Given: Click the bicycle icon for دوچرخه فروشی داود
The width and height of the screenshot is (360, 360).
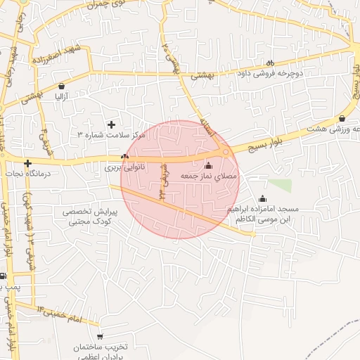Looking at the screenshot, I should pos(271,63).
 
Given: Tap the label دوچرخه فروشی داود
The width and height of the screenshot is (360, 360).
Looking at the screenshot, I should pos(272,73).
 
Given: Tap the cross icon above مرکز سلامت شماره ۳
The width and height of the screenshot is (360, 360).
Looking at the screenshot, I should pos(111,124).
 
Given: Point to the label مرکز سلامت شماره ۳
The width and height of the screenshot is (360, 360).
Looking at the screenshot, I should pos(111,134).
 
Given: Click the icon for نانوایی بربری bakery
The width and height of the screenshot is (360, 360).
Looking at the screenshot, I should pos(125,157).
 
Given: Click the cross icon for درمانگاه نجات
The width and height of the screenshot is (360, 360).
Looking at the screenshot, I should pos(27,164).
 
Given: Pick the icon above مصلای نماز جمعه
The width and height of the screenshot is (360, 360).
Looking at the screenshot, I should pos(207,165).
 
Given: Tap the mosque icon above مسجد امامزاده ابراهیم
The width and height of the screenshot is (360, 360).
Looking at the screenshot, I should pos(263,198).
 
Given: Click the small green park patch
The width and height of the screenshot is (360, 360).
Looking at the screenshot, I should pos(280,186).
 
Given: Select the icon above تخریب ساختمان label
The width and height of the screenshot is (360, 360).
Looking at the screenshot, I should pos(100,337).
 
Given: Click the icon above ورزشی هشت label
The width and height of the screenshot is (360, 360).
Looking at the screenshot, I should pos(342,119).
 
